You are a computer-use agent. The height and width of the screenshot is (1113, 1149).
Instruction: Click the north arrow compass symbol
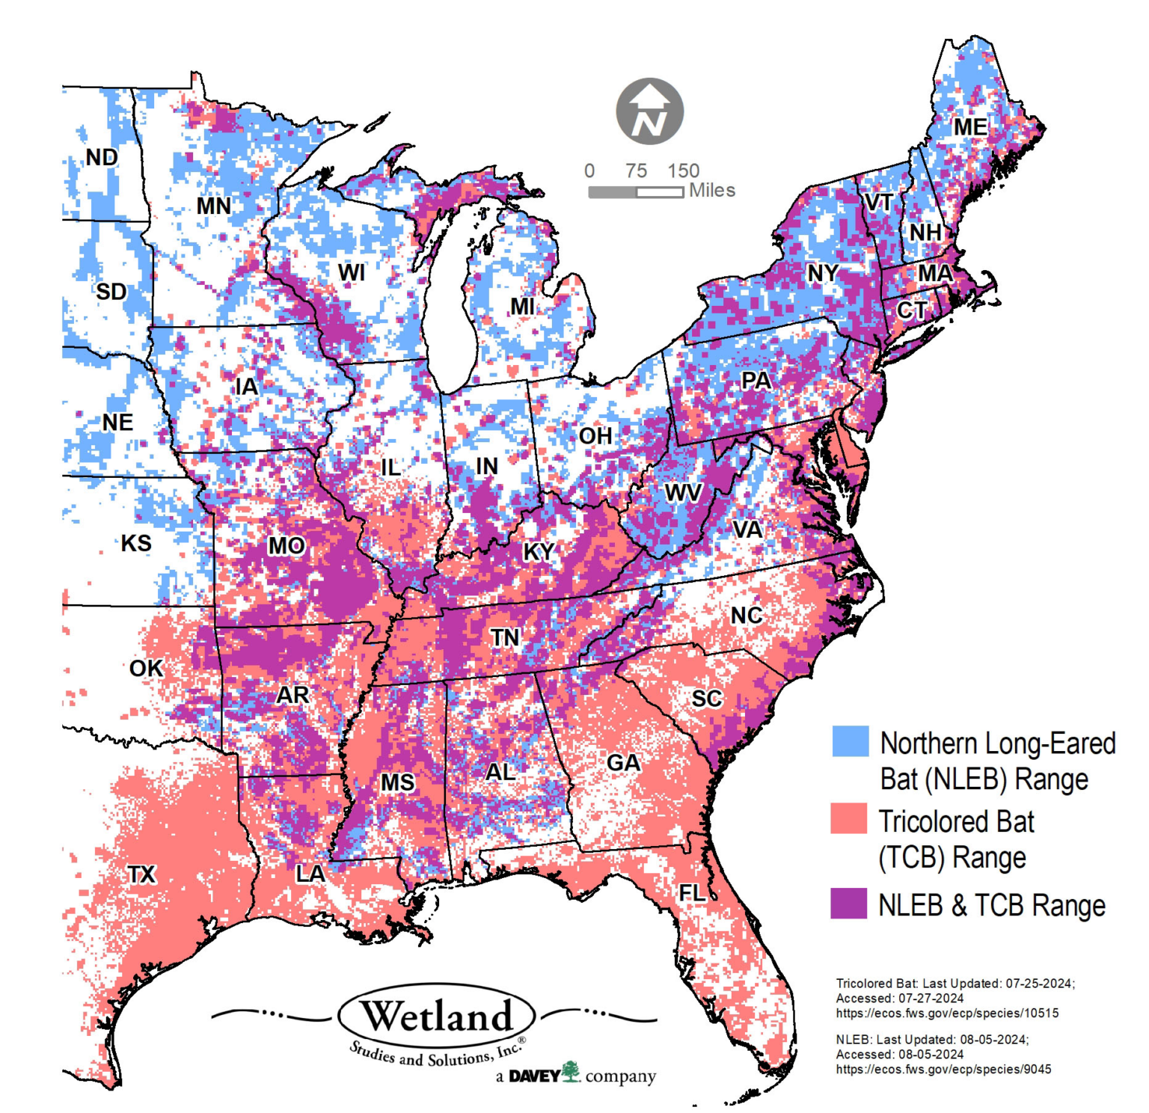[x=649, y=111]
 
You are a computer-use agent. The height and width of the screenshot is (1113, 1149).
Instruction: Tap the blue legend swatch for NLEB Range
[x=850, y=741]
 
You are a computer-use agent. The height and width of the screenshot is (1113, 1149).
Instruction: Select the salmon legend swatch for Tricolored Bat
[x=848, y=818]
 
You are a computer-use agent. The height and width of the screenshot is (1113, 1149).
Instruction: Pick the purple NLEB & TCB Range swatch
[x=848, y=903]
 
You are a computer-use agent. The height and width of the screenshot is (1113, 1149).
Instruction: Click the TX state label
[x=141, y=874]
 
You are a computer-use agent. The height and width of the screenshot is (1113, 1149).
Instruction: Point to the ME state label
[x=969, y=127]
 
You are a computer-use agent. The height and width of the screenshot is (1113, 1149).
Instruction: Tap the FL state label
[x=691, y=892]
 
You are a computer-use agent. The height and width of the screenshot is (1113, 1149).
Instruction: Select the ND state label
[x=102, y=158]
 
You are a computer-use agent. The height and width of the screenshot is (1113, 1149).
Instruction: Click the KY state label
[x=539, y=551]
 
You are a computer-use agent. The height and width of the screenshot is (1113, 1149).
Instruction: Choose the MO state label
[x=287, y=546]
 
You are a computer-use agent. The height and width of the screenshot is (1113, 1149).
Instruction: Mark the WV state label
[x=683, y=493]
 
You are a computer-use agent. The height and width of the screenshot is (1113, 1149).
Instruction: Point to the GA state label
[x=623, y=763]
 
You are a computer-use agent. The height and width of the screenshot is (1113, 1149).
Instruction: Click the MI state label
[x=522, y=306]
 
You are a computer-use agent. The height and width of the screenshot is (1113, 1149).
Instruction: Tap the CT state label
[x=911, y=310]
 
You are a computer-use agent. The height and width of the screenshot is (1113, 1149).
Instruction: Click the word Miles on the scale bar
[x=711, y=191]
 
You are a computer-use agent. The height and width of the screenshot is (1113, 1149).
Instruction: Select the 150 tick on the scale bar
[x=683, y=171]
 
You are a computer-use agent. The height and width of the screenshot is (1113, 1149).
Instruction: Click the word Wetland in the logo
[x=436, y=1017]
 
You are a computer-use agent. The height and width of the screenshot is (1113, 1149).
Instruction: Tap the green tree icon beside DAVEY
[x=571, y=1071]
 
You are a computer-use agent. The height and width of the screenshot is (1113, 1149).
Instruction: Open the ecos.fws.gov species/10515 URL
[x=946, y=1014]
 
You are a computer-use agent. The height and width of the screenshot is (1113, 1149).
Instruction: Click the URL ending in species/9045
[x=943, y=1070]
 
